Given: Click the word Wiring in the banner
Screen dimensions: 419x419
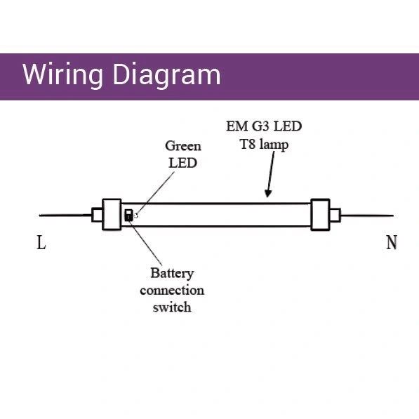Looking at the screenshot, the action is [62, 76].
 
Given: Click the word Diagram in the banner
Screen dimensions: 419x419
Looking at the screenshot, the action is [167, 76].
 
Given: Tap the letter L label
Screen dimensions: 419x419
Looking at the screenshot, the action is [41, 242].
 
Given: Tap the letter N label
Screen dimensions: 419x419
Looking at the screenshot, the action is [392, 242].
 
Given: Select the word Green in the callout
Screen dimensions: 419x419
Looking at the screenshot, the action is [183, 146].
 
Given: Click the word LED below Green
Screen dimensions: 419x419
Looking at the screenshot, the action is [182, 163].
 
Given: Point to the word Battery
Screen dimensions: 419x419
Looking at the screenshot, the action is [172, 273].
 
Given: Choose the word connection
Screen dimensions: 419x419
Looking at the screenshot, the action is [172, 290].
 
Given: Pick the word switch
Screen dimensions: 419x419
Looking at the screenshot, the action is [172, 307].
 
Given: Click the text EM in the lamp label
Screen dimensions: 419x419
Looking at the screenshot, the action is [237, 126].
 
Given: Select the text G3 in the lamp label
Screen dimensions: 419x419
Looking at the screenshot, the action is [260, 126].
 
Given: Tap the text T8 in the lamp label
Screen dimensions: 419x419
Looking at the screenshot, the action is [248, 144].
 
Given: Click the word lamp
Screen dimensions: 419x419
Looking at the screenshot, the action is [274, 145].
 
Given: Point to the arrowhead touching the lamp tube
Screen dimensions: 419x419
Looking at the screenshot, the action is [268, 194].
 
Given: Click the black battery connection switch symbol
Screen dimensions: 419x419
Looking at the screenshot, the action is [129, 215].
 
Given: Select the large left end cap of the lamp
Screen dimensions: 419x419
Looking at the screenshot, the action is [112, 214].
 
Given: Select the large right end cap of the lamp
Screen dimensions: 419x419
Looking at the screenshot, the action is [321, 214].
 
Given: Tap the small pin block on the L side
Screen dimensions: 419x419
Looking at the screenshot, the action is [97, 215].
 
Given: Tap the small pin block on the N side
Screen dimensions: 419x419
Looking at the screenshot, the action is [335, 215].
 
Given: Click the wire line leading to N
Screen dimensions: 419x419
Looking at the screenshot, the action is [367, 215].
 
